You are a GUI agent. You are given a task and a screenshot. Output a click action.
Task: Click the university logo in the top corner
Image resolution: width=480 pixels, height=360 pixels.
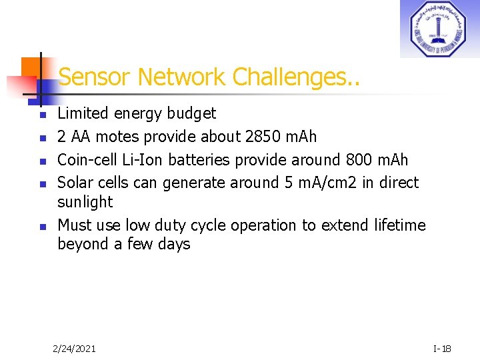(439, 29)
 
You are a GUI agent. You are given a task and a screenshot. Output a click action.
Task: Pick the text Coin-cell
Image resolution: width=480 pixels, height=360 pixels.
(86, 160)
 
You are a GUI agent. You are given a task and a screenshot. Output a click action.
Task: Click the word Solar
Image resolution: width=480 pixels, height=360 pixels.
(75, 183)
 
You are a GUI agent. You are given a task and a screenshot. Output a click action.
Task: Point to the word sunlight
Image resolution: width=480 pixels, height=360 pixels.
(85, 202)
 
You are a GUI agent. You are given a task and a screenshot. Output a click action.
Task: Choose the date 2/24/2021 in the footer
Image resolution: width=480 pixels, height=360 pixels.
(74, 348)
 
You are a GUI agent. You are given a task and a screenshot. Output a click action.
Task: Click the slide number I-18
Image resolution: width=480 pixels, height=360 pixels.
(442, 348)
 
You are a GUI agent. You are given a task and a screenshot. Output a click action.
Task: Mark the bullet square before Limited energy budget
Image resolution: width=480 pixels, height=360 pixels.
(41, 115)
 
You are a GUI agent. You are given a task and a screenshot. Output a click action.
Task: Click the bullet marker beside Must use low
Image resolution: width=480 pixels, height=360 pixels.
(41, 227)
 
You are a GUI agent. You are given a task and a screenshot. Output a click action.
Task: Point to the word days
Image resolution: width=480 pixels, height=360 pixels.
(174, 244)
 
